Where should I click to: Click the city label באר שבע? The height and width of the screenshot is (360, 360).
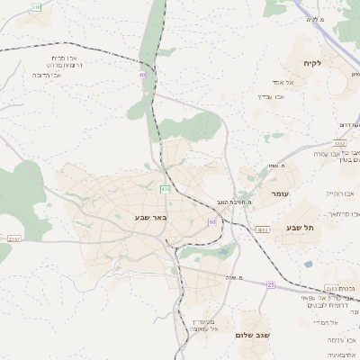(x=142, y=218)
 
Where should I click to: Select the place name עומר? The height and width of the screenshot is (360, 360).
(x=280, y=193)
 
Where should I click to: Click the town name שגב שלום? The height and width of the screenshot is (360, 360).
(x=253, y=335)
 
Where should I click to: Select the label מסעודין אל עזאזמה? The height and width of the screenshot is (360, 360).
(x=208, y=326)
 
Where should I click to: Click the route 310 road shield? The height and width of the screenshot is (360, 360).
(x=36, y=6)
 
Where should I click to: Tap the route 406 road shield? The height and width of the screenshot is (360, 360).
(x=165, y=189)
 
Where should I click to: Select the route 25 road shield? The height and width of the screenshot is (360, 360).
(x=270, y=284)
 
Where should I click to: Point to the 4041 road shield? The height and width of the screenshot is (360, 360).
(x=263, y=230)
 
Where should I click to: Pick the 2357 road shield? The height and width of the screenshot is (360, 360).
(x=13, y=238)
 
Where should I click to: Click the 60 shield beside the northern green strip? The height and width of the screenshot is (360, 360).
(x=142, y=75)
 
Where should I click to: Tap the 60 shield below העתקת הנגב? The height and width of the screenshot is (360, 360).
(x=212, y=221)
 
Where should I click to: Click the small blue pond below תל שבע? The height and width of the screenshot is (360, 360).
(x=309, y=265)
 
